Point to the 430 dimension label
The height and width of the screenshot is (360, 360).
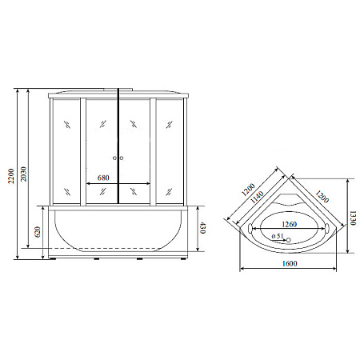pyautogui.click(x=204, y=230)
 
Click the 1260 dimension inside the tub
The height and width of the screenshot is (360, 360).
pyautogui.click(x=289, y=224)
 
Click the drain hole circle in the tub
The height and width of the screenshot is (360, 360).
pyautogui.click(x=289, y=238)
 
